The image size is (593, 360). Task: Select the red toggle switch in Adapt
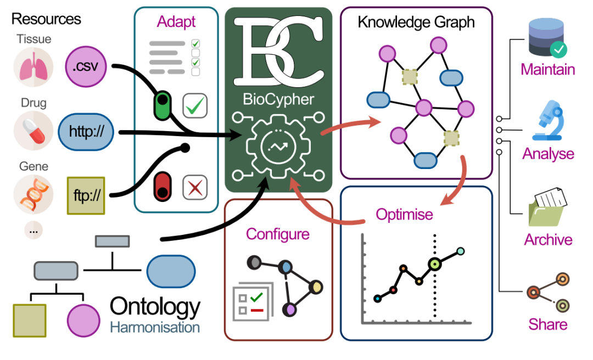(162, 185)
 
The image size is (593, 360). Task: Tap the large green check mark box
(195, 105)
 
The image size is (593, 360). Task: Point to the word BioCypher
(278, 99)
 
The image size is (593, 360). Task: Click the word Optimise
(405, 214)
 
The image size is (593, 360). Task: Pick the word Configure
(278, 234)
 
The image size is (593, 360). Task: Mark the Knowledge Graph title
(416, 22)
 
